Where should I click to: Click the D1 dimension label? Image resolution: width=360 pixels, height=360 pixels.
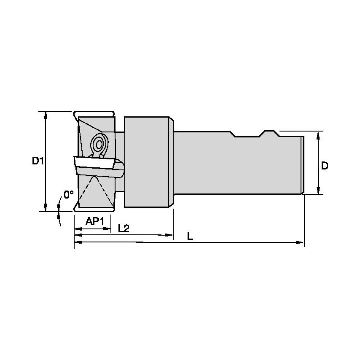(38, 161)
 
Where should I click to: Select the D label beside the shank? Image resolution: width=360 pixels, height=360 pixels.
(324, 166)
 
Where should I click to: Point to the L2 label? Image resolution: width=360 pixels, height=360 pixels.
(123, 228)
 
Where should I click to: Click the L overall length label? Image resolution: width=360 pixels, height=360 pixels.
(190, 236)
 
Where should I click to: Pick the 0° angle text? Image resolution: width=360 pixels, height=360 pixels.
(68, 194)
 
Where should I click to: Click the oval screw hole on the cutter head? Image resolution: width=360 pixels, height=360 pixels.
(99, 145)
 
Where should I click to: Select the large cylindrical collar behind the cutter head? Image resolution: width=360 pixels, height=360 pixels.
(148, 162)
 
